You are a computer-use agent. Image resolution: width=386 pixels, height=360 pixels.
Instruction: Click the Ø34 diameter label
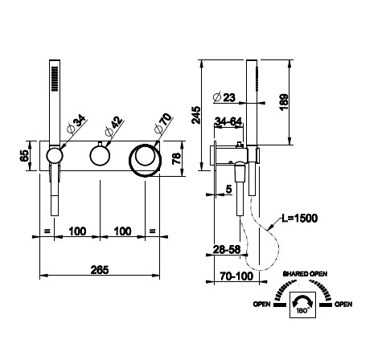coord(76,124)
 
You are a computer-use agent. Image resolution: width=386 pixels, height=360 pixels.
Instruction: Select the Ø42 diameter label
coord(114,127)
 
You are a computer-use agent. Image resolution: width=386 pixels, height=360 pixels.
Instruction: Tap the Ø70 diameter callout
coord(163,123)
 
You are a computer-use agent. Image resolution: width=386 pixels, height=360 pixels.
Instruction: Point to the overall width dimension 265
coord(100,269)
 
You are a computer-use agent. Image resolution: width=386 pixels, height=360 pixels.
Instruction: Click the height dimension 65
coord(24,155)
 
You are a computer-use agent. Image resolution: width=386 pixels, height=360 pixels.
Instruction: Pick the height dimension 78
coord(176,158)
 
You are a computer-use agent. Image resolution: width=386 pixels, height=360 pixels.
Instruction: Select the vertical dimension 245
coord(196,115)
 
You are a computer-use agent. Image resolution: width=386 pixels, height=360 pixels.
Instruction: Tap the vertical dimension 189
coord(284,102)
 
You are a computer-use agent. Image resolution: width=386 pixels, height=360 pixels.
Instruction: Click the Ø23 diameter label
coord(224,97)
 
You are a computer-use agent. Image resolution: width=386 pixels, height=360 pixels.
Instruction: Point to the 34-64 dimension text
coord(228,121)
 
